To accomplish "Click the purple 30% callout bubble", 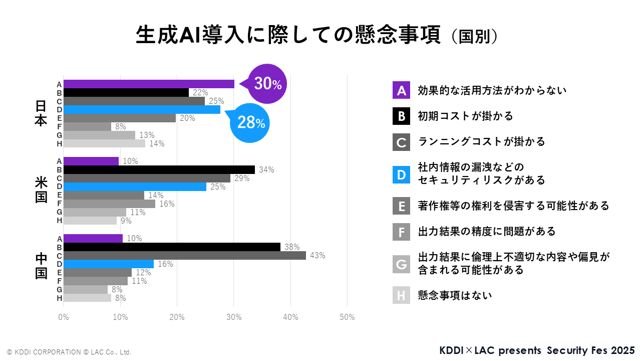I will click(267, 84).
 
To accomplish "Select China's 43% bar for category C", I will click(185, 256).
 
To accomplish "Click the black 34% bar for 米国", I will click(159, 169).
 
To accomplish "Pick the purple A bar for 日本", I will click(149, 84).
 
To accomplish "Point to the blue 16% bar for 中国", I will click(109, 264).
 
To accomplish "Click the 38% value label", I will click(291, 247).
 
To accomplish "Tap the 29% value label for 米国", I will click(241, 178).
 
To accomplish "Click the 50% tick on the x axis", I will click(347, 317).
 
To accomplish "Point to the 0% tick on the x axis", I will click(64, 317).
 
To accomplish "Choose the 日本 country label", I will click(41, 114).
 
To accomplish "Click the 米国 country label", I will click(41, 191).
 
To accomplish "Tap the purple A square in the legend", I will click(401, 90).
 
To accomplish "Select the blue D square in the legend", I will click(401, 173).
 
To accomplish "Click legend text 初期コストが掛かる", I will click(466, 116).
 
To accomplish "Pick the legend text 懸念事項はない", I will click(455, 295).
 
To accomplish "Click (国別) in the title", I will click(474, 37).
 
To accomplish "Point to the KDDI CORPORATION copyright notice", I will click(69, 352).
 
